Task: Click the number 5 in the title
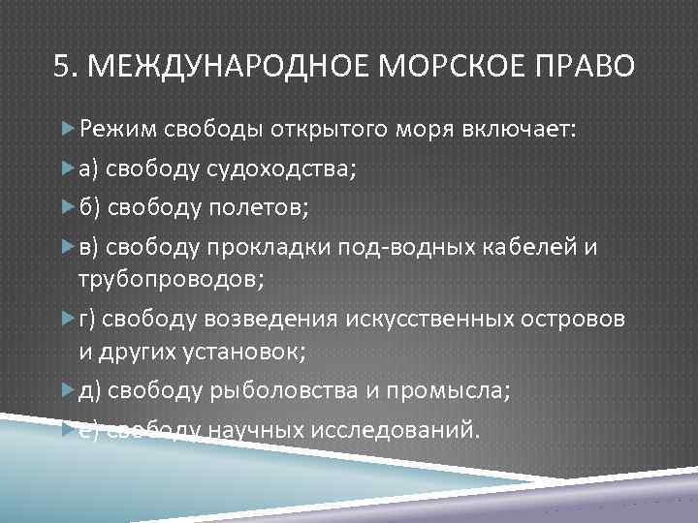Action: pyautogui.click(x=63, y=67)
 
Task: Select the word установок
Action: pyautogui.click(x=243, y=352)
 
